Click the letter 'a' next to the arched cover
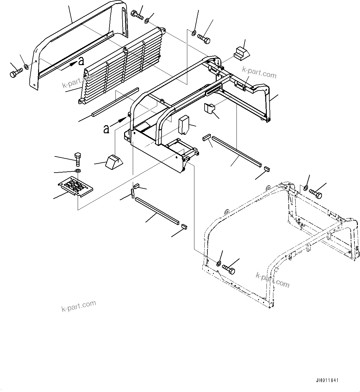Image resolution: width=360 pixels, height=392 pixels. (81, 62)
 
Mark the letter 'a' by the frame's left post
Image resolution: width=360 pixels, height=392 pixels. (106, 129)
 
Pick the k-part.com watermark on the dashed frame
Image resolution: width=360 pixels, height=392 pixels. (272, 280)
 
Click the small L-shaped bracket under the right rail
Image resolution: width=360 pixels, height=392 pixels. (209, 109)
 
